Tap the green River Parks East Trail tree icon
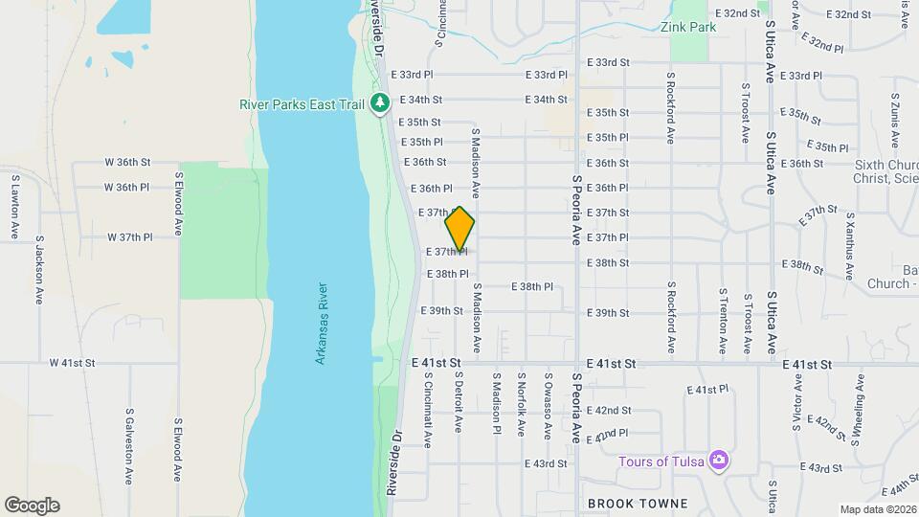[x=380, y=101]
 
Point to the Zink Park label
[x=688, y=28]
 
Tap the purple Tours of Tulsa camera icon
[x=719, y=461]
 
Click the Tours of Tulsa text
[x=661, y=461]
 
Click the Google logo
[x=32, y=506]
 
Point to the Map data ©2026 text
[x=877, y=509]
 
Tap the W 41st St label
[x=73, y=363]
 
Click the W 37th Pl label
[x=129, y=236]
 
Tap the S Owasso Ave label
[x=548, y=406]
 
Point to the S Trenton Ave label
[x=722, y=320]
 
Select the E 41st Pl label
[x=708, y=390]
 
